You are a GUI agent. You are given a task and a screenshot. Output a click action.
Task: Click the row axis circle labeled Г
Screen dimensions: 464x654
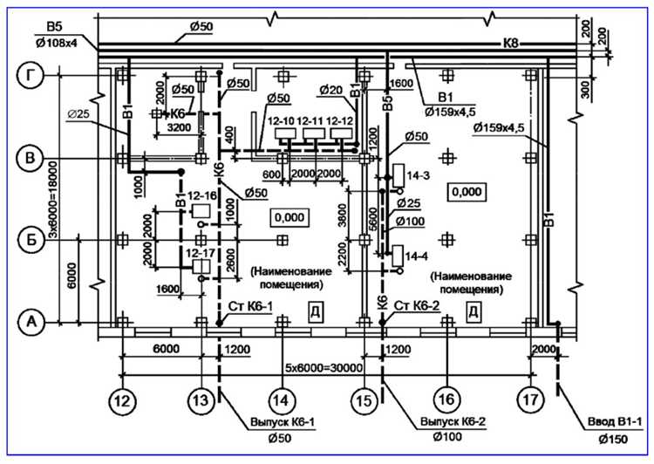click(x=31, y=77)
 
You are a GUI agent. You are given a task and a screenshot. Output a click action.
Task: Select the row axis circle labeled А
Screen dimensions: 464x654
click(x=31, y=323)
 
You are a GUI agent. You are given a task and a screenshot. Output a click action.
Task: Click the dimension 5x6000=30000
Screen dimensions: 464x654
click(x=324, y=367)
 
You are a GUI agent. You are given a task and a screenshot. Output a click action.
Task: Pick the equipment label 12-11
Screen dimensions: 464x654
click(x=310, y=120)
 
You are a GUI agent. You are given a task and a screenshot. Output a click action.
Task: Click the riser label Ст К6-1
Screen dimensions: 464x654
click(x=252, y=306)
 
